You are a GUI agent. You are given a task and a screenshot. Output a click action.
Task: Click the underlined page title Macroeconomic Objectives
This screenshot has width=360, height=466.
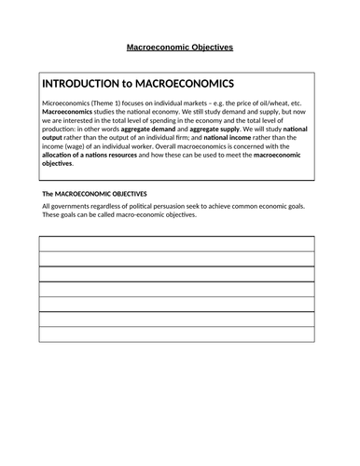pyautogui.click(x=180, y=45)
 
